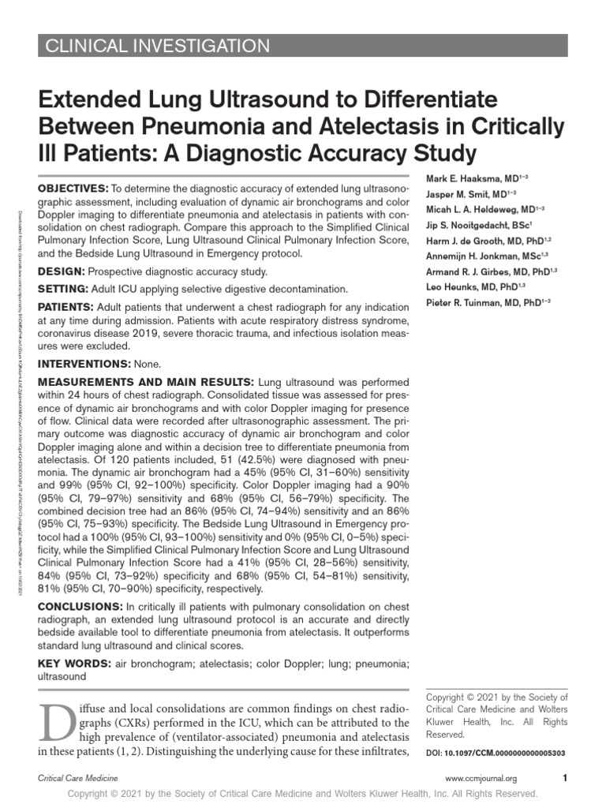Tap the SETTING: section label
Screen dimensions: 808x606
(x=65, y=289)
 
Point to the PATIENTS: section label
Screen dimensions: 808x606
(x=68, y=307)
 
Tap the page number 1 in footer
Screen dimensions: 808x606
(x=565, y=778)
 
